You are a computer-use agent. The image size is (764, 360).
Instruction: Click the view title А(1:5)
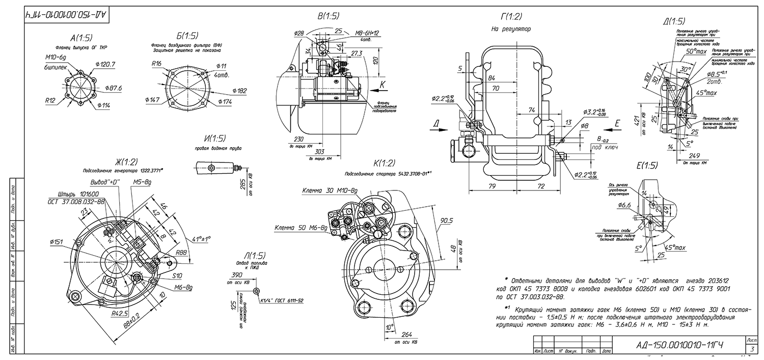click(80, 38)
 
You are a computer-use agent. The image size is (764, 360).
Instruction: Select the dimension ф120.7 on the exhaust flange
click(105, 64)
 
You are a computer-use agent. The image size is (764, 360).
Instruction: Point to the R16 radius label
click(157, 64)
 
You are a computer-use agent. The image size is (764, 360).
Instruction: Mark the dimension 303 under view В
click(319, 152)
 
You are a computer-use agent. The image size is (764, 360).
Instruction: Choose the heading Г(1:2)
click(511, 17)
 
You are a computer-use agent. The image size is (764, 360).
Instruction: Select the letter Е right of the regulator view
click(617, 123)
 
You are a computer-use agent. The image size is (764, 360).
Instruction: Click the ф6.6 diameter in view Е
click(624, 205)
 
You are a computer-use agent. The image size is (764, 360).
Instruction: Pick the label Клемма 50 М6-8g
click(301, 228)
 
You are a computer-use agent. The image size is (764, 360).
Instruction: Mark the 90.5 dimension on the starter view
click(447, 220)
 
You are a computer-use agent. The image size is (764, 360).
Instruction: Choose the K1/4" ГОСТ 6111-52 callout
click(282, 301)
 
